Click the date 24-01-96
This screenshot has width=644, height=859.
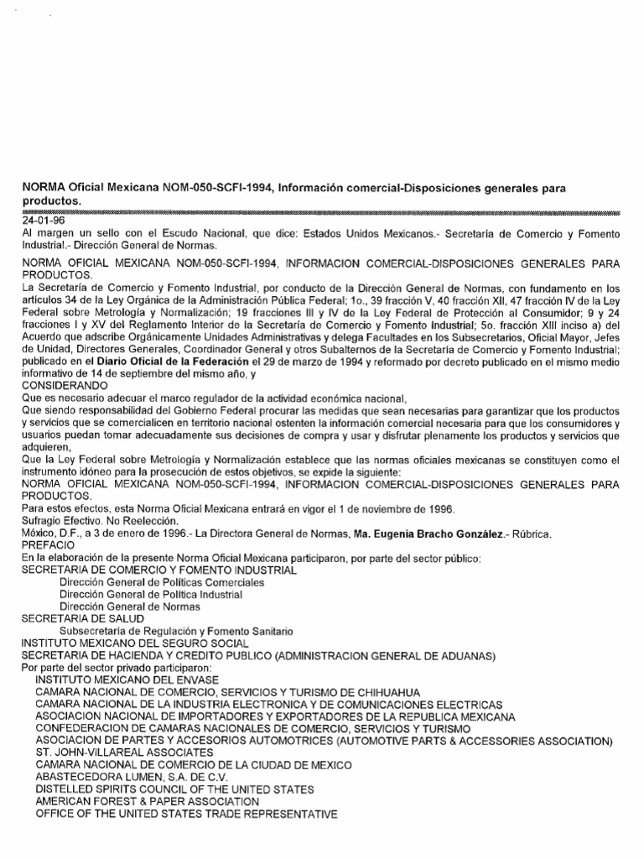pos(39,221)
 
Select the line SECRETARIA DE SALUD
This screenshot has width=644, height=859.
pos(77,618)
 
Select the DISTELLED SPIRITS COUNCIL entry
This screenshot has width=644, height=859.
pos(174,789)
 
